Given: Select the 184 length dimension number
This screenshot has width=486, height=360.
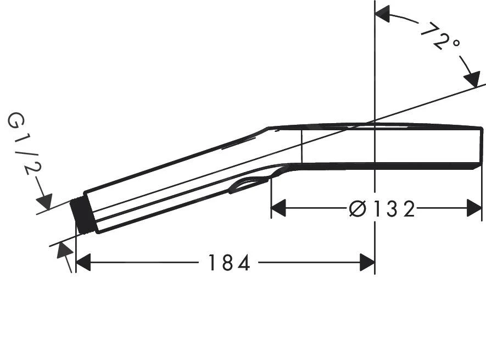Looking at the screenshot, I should pos(228,263).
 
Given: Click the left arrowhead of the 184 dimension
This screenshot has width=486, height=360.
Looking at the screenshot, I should pos(83,263).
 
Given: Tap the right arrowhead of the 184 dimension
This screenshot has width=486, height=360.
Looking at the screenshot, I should pos(367,263).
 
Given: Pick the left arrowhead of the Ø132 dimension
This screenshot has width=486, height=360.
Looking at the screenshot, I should pos(279,209).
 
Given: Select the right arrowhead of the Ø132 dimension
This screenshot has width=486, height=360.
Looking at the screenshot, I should pos(474,209).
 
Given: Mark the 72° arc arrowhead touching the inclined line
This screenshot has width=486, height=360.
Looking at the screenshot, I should pos(472,79).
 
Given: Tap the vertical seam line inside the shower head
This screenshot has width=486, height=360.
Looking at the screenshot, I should pos(301,146).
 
